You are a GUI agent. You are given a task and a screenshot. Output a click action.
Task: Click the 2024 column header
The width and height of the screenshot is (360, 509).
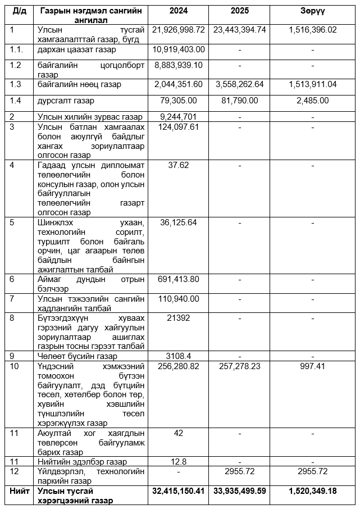point(178,11)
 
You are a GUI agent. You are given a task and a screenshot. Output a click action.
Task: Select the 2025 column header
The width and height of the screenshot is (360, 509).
point(239,11)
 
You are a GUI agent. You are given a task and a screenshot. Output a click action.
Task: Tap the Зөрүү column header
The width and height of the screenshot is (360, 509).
point(313,11)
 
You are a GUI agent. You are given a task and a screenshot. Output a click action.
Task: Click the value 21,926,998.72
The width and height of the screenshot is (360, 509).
point(178,29)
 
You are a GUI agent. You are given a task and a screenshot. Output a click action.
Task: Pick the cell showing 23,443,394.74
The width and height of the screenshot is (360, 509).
point(240,29)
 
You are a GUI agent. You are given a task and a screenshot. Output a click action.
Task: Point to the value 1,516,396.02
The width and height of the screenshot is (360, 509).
point(313,29)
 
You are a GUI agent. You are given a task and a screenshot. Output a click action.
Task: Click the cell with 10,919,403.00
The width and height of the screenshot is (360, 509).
point(179,49)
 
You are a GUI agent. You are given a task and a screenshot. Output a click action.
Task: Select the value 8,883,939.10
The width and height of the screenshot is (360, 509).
point(179,65)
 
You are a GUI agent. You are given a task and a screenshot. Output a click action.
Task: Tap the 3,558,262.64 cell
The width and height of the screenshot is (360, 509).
point(240,84)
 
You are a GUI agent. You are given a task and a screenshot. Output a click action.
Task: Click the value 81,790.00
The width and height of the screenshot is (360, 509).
point(240,101)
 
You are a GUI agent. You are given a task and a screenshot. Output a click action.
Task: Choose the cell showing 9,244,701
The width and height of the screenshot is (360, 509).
point(179,117)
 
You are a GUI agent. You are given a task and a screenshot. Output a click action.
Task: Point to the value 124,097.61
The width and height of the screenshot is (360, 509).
point(179,127)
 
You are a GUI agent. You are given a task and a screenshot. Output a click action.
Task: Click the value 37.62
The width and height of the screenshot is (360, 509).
point(179,165)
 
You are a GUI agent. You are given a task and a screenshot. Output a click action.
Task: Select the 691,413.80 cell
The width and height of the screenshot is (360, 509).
point(179,279)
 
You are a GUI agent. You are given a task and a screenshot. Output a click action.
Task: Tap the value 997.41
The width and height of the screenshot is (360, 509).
point(313,366)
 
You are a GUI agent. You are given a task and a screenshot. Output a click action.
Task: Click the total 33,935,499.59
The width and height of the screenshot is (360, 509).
point(240,491)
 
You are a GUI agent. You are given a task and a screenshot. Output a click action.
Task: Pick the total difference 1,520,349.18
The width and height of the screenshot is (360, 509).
point(313,491)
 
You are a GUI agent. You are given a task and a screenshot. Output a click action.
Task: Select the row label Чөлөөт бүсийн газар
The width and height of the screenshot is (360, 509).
point(77,356)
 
